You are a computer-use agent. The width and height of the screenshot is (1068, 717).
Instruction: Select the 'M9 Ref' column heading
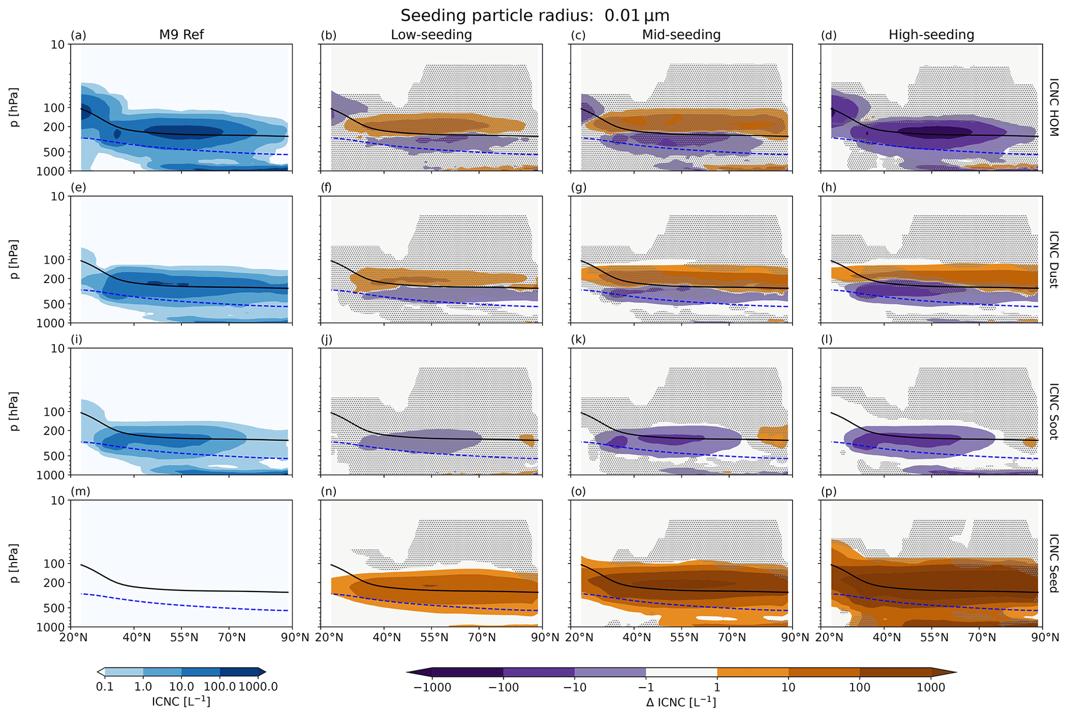pos(181,35)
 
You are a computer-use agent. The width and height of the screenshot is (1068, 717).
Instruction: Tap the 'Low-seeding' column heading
pos(431,35)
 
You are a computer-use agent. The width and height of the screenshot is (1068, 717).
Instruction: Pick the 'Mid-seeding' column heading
pos(681,35)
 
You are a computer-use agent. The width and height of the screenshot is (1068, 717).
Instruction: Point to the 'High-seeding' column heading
pos(931,35)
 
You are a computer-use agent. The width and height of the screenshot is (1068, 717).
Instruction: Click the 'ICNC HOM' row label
pos(1054,107)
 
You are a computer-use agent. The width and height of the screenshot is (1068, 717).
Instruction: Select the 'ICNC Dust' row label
pos(1054,259)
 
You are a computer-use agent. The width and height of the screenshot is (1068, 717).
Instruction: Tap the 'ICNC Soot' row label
pos(1054,411)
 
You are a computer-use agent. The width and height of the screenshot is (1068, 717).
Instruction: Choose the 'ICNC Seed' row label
pos(1054,563)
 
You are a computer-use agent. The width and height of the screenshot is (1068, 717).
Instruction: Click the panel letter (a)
pos(79,35)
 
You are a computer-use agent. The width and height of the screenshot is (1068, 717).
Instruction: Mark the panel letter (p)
pos(828,491)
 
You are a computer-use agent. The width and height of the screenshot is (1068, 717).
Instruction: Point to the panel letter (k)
pos(578,339)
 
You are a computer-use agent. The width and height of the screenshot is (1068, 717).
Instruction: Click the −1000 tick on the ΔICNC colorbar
pos(432,687)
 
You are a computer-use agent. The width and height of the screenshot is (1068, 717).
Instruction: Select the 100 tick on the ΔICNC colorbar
pos(860,687)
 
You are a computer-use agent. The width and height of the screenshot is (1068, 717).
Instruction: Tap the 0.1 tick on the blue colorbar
pos(104,687)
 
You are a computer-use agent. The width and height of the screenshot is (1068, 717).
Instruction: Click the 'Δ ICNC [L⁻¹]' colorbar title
pos(681,702)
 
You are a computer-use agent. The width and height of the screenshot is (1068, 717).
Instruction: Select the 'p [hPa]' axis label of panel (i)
pos(14,411)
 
